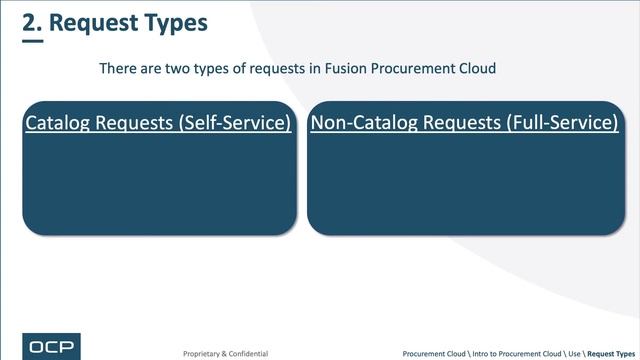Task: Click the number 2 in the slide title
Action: tap(29, 22)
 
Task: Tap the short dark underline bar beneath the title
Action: tap(33, 42)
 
